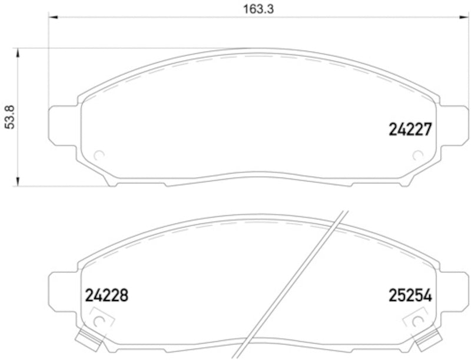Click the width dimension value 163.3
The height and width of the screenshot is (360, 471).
click(x=247, y=9)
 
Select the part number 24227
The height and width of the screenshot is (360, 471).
click(x=410, y=129)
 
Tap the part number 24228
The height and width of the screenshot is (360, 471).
click(x=107, y=295)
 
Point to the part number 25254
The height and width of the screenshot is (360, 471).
click(x=410, y=295)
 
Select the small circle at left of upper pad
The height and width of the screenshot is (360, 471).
click(x=99, y=156)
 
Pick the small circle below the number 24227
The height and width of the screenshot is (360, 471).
click(x=417, y=156)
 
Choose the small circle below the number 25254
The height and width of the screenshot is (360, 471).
click(x=417, y=322)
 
